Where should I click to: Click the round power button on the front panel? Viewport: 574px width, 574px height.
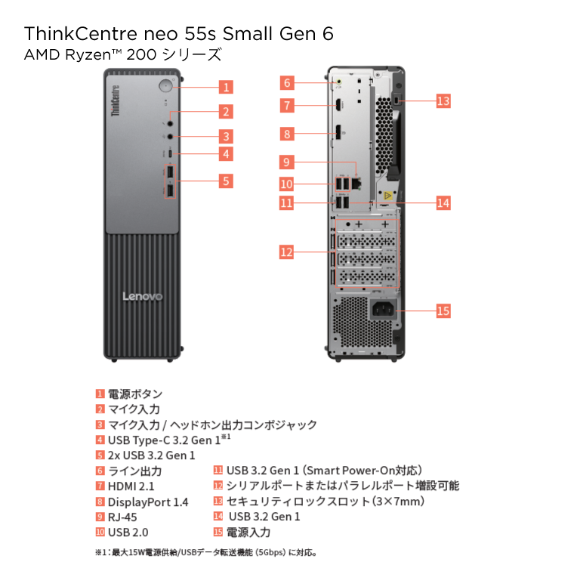click(x=166, y=85)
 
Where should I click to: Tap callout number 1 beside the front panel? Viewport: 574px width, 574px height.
click(x=226, y=87)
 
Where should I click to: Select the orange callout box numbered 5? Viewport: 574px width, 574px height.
click(x=226, y=181)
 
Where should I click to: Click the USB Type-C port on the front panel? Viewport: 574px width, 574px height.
click(x=170, y=153)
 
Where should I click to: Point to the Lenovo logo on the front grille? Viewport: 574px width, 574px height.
click(x=143, y=296)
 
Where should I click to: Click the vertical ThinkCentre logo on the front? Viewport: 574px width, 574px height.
click(x=116, y=100)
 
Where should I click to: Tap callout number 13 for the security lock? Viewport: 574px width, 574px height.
click(x=443, y=100)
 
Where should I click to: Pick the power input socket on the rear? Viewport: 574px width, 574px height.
click(x=384, y=310)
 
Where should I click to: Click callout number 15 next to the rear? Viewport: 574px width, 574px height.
click(x=443, y=311)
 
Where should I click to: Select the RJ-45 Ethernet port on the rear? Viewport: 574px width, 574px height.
click(x=356, y=184)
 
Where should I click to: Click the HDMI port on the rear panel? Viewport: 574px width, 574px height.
click(x=338, y=105)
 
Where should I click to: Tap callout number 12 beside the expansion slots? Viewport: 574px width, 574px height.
click(x=286, y=252)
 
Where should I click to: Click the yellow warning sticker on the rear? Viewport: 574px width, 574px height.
click(x=387, y=196)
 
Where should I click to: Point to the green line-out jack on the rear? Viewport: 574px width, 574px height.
click(x=339, y=82)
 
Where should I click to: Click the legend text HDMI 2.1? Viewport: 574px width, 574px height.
click(x=131, y=486)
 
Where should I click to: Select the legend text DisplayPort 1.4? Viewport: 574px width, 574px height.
click(x=148, y=502)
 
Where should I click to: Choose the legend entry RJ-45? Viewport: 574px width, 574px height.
click(x=122, y=517)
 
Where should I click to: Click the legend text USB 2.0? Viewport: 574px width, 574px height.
click(x=128, y=532)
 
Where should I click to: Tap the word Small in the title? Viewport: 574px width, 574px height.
click(x=248, y=34)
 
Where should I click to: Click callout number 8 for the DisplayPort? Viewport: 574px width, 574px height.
click(x=287, y=134)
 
